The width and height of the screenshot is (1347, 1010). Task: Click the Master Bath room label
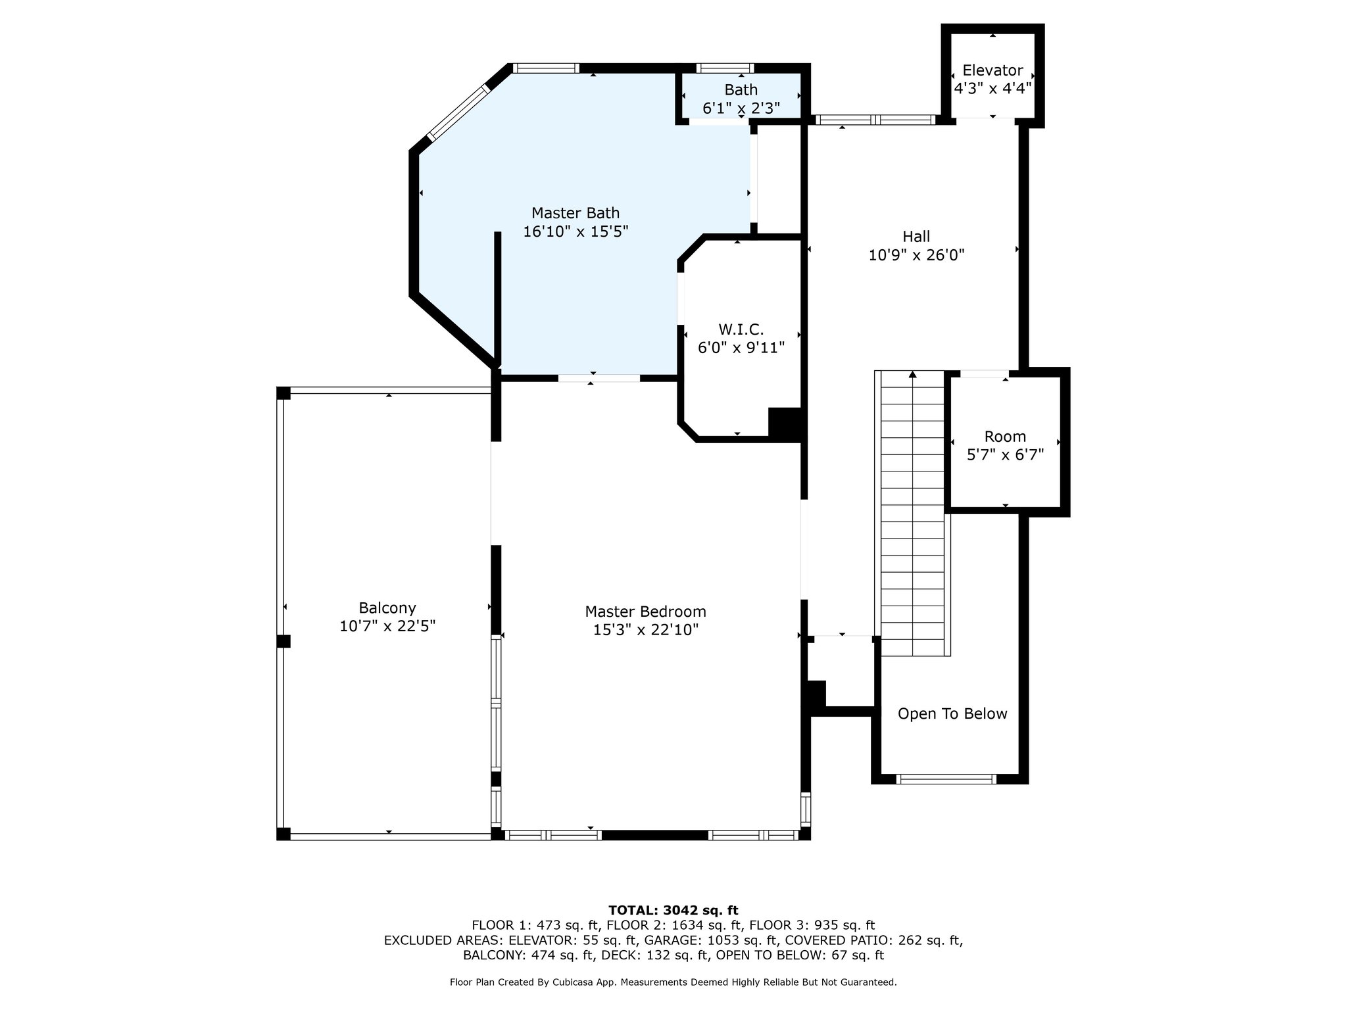click(576, 213)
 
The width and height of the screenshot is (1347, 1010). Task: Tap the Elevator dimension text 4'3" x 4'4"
click(992, 88)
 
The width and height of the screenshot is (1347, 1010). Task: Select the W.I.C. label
click(741, 329)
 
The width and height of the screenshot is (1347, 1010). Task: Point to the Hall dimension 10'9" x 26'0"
click(916, 255)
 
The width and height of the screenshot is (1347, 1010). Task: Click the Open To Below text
click(952, 714)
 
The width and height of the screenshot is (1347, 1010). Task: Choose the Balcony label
click(387, 608)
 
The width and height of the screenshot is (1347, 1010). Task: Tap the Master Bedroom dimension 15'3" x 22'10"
click(645, 630)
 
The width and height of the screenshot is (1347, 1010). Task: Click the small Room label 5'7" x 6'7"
click(1005, 446)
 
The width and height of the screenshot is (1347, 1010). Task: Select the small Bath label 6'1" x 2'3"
click(741, 99)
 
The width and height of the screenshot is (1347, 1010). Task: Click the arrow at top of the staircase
click(912, 375)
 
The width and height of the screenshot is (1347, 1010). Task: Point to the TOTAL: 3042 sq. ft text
click(673, 910)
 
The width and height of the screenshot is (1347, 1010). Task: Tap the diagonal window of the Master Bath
click(458, 112)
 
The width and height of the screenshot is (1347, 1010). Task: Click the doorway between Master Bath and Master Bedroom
click(599, 378)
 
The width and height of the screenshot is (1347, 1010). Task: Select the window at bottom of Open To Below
click(946, 779)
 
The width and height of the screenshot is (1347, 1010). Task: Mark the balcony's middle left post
click(283, 641)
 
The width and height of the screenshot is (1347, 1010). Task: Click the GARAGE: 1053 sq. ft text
click(710, 940)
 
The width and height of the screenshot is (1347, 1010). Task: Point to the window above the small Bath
click(725, 68)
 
